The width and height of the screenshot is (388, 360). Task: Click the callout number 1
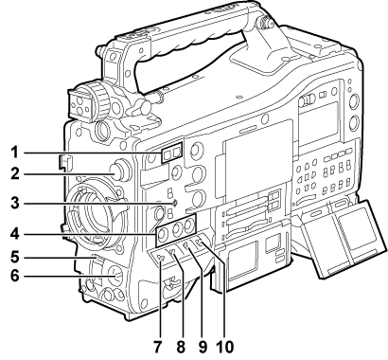(x=14, y=153)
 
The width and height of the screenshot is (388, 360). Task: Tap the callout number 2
(x=15, y=173)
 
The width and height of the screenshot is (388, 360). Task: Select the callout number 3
(x=15, y=203)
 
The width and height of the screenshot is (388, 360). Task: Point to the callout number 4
(x=15, y=234)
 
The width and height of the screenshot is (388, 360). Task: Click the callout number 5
(x=15, y=257)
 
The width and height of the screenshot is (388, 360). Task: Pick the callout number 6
(x=15, y=276)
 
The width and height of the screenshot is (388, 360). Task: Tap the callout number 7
(x=158, y=347)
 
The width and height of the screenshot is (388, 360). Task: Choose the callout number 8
(x=181, y=347)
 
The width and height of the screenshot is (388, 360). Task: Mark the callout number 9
(x=203, y=347)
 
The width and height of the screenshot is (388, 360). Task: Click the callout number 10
(x=225, y=347)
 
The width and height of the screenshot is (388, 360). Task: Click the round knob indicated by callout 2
(x=121, y=171)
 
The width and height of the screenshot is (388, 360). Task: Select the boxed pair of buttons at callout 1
(x=172, y=153)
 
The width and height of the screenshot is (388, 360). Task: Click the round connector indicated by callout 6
(x=115, y=276)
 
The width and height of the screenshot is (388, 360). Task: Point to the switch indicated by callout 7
(x=161, y=259)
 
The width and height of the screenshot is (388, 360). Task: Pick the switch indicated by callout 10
(x=198, y=243)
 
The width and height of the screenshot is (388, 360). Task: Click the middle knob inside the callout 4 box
(x=176, y=229)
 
